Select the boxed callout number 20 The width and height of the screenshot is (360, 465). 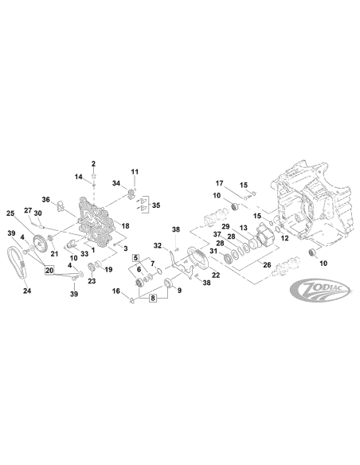pyautogui.click(x=49, y=271)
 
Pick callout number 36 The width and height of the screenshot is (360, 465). pyautogui.click(x=46, y=199)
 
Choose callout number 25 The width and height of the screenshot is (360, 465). pyautogui.click(x=10, y=214)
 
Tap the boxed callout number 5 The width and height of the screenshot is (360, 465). pyautogui.click(x=137, y=259)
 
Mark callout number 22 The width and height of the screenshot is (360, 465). pyautogui.click(x=193, y=275)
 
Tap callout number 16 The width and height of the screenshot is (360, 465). pyautogui.click(x=117, y=292)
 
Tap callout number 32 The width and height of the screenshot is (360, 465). pyautogui.click(x=158, y=245)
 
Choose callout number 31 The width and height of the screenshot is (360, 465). pyautogui.click(x=212, y=252)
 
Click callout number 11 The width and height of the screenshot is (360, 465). pyautogui.click(x=135, y=171)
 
